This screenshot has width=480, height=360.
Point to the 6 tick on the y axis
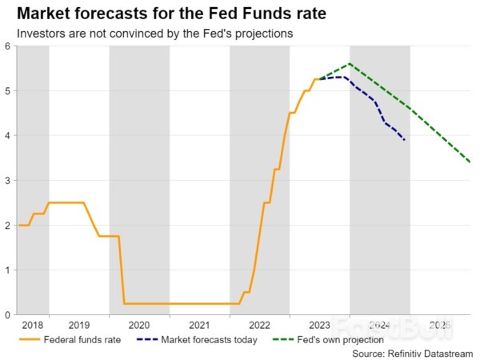6,46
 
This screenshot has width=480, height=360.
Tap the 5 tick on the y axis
6,91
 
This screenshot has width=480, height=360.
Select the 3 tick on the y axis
6,181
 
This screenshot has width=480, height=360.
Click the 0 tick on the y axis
6,315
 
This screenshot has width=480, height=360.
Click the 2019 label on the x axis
78,326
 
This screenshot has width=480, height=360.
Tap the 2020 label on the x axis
139,326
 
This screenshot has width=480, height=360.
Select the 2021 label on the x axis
199,326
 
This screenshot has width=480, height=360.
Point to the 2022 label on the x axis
259,326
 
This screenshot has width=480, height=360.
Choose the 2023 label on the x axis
319,326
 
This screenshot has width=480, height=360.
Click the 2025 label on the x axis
439,326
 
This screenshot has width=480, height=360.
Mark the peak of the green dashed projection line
350,64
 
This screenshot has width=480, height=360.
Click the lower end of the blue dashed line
405,141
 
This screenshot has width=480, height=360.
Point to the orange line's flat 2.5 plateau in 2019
66,202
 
